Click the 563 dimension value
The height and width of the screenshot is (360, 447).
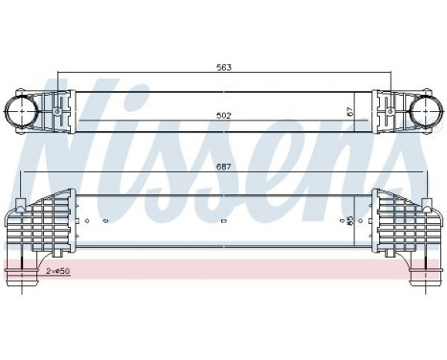coord(222,68)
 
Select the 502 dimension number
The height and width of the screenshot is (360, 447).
coord(222,116)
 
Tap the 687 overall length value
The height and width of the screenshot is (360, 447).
coord(222,167)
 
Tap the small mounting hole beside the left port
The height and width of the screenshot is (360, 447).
coord(60,113)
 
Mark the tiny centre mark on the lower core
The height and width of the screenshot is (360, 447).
coord(222,221)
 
